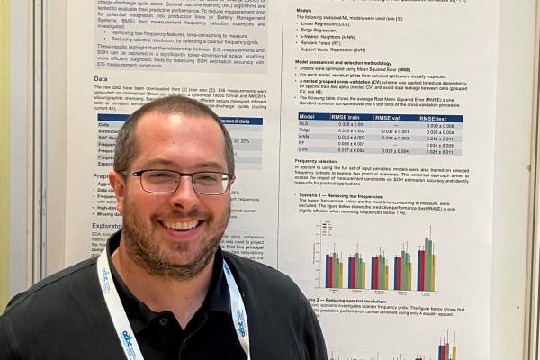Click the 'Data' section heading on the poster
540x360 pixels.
(102, 79)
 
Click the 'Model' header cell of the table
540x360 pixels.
(308, 117)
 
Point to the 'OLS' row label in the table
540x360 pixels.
(305, 125)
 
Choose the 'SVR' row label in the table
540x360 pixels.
(305, 150)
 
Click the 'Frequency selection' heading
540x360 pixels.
(322, 162)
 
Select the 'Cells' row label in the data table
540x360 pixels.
(103, 125)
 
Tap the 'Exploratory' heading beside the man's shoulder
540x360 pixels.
(106, 226)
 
